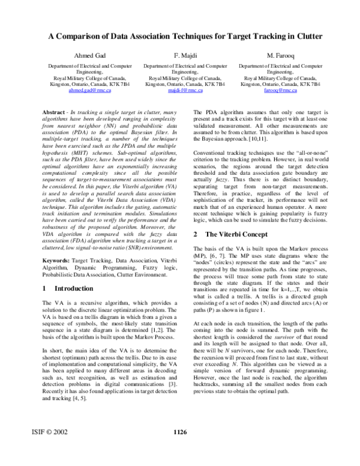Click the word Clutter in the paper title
(298, 35)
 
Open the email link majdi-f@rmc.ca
(185, 91)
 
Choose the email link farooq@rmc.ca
(280, 91)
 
